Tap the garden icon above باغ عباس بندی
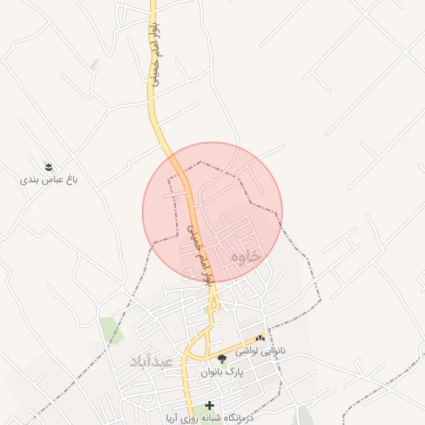[48, 166]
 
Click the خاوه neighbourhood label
[247, 257]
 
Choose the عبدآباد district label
[150, 362]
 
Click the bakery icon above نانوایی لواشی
[261, 338]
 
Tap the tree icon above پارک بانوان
[222, 359]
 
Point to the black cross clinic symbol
[208, 406]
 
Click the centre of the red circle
[212, 212]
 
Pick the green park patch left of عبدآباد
[110, 329]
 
